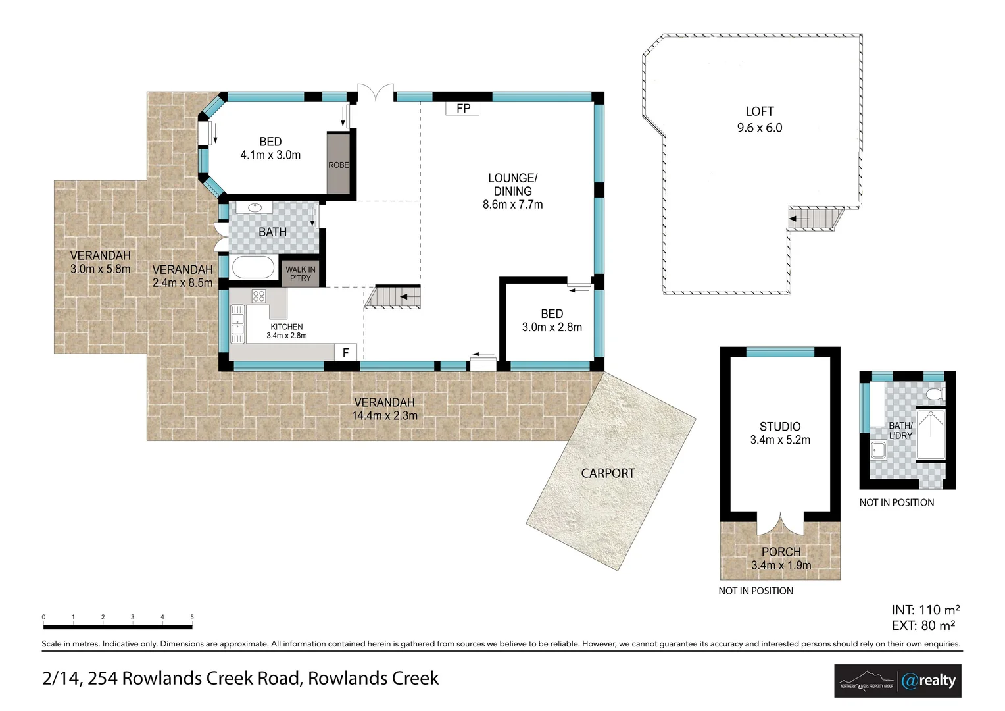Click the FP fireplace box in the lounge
[x=463, y=108]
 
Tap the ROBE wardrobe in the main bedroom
[x=338, y=164]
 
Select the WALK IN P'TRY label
[x=300, y=273]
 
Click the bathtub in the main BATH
[x=253, y=269]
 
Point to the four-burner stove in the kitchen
[x=258, y=296]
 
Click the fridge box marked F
[x=345, y=353]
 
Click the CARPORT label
[x=608, y=473]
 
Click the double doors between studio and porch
[x=780, y=525]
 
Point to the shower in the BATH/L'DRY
[x=930, y=434]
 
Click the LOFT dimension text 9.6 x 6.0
[x=759, y=128]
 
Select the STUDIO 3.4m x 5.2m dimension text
[x=780, y=440]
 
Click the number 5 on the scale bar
[x=192, y=617]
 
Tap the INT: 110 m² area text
[x=925, y=610]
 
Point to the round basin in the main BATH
[x=254, y=208]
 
